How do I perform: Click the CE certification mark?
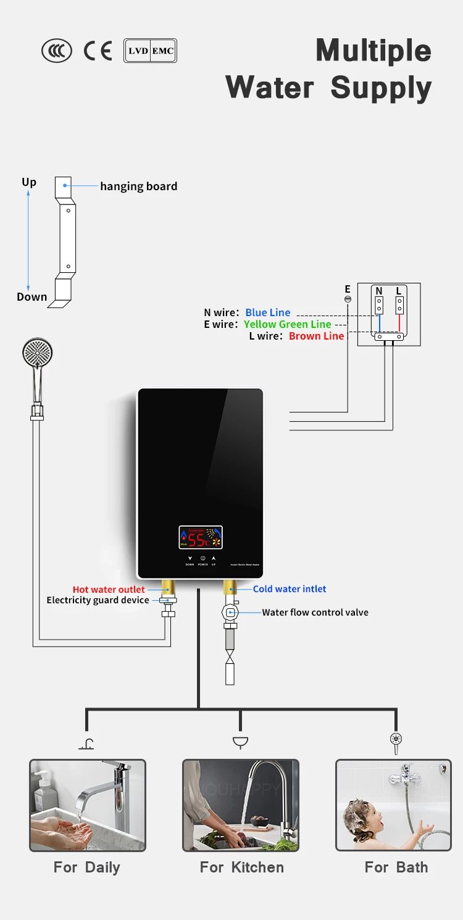(x=98, y=51)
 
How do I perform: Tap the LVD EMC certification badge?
(x=150, y=51)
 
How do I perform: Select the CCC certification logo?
(x=57, y=51)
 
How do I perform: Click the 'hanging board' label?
(x=138, y=186)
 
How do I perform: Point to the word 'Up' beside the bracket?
(x=29, y=182)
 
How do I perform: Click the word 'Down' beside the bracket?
(x=32, y=297)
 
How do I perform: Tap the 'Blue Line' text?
(x=267, y=312)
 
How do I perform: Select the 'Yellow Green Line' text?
(x=287, y=324)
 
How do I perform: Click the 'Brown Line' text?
(x=316, y=336)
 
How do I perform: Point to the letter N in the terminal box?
(x=378, y=291)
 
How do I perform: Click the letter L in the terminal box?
(x=399, y=291)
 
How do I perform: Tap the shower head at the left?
(x=38, y=355)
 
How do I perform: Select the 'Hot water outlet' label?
(x=109, y=590)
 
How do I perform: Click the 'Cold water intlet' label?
(x=290, y=589)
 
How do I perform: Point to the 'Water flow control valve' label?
(x=315, y=613)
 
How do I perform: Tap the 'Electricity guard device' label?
(x=98, y=600)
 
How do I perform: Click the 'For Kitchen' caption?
(x=241, y=868)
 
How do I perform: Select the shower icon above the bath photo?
(x=395, y=742)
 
